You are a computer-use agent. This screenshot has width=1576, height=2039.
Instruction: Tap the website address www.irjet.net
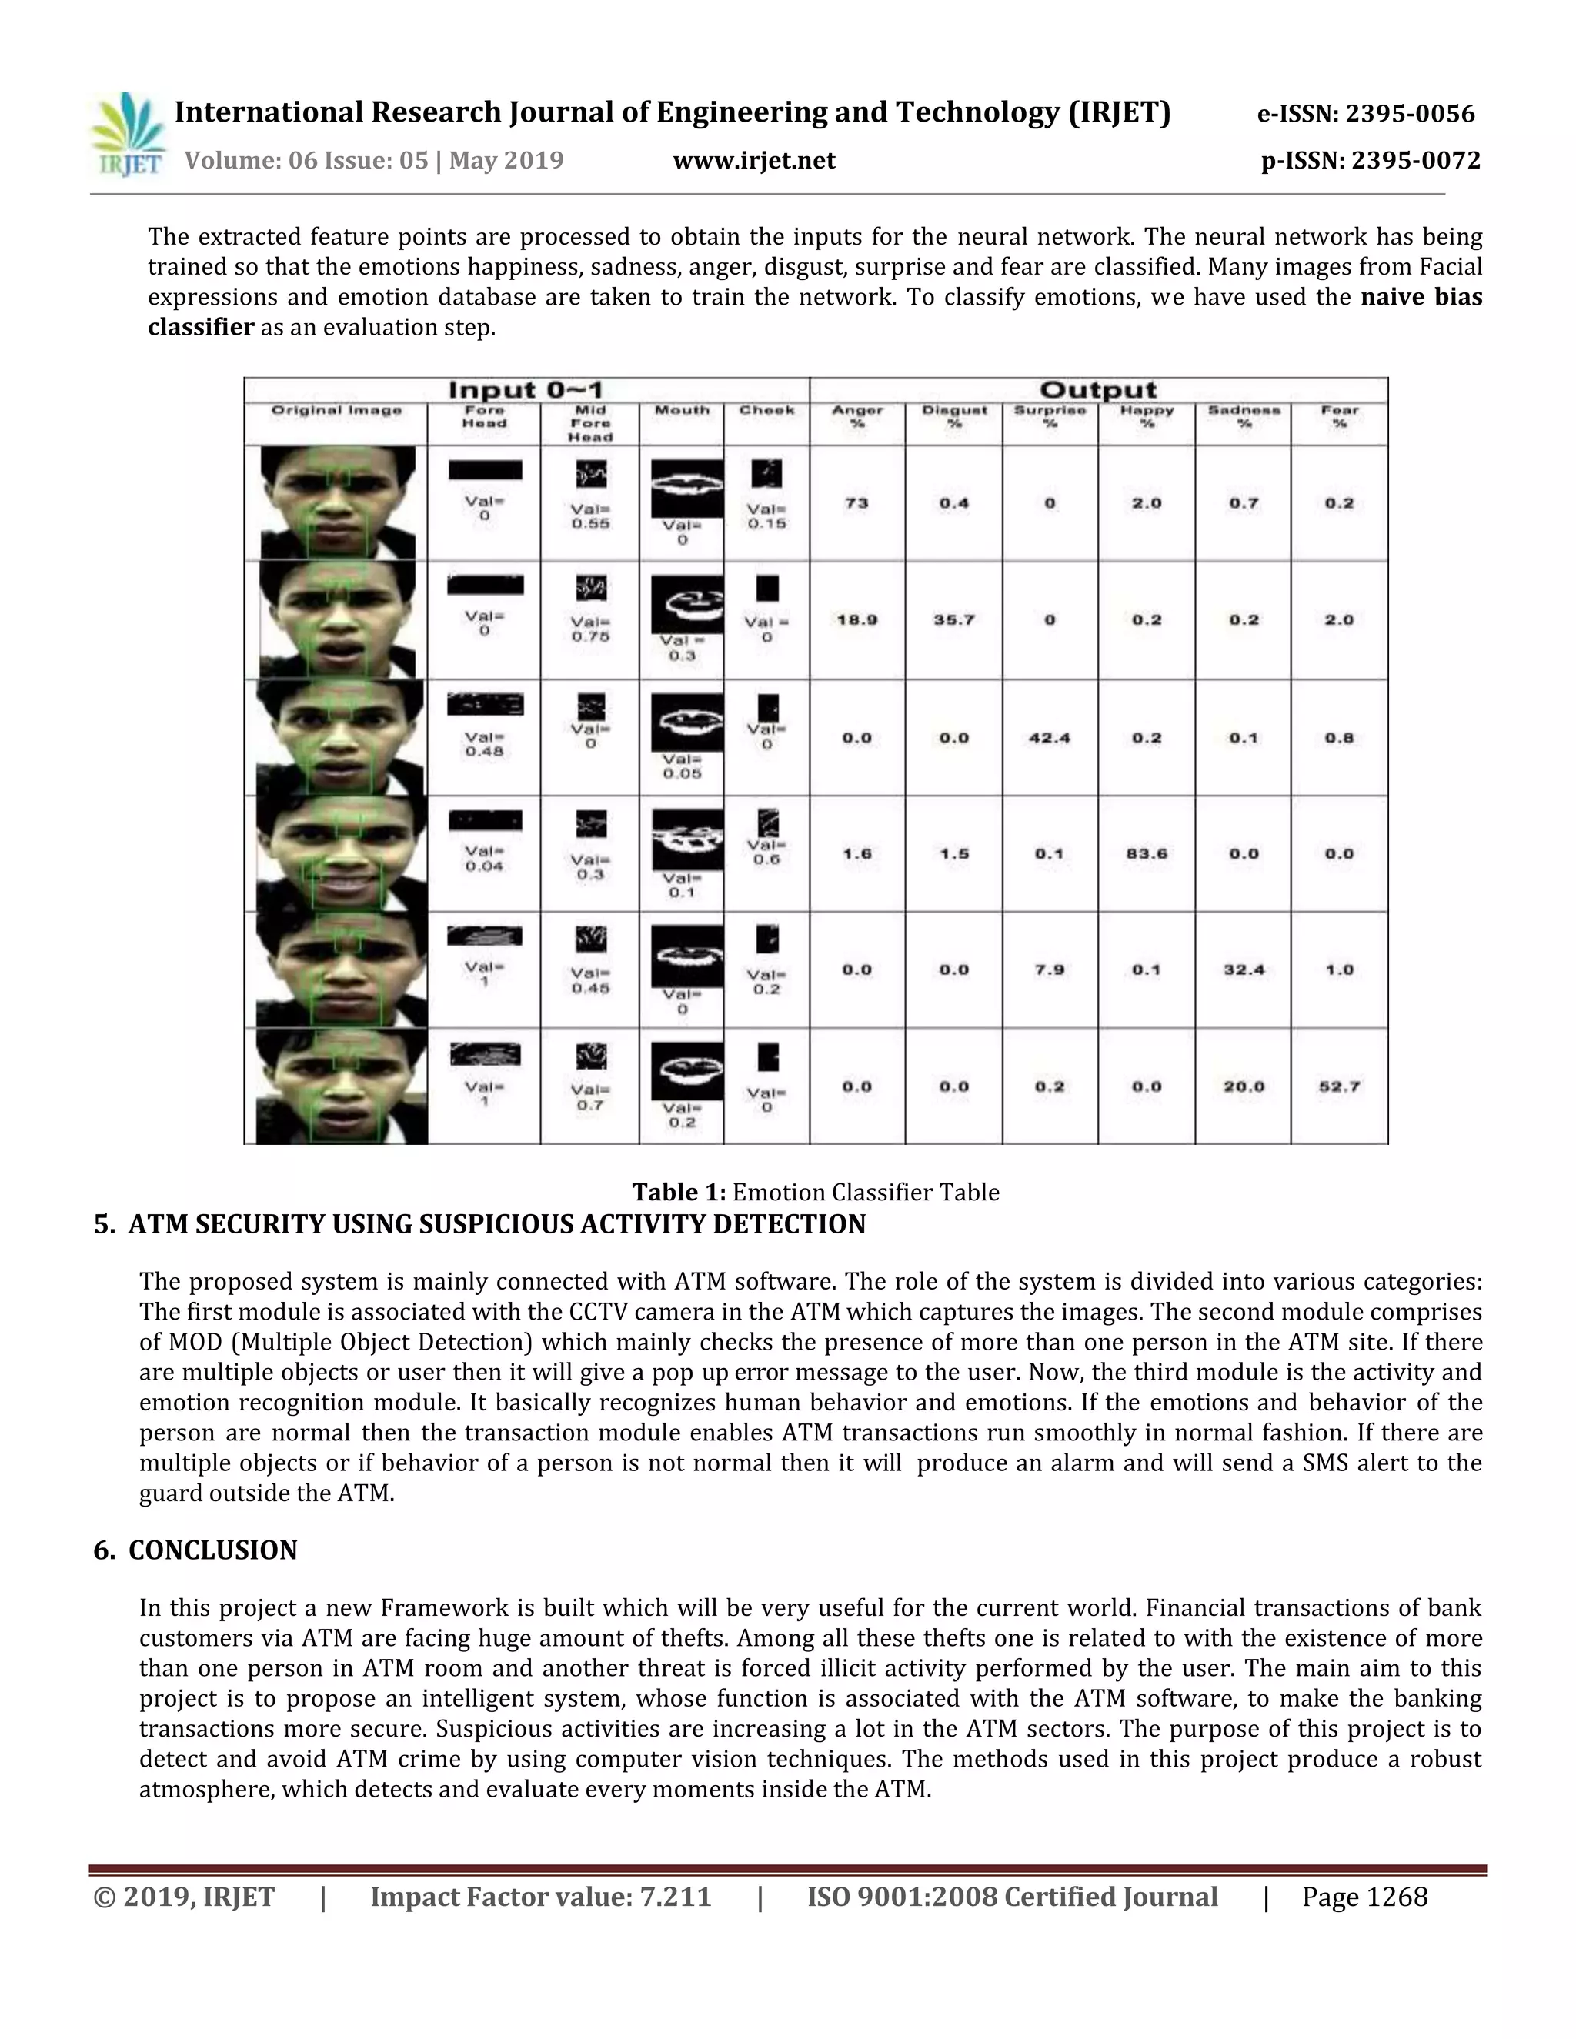753,162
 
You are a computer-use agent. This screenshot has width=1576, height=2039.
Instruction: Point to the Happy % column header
1147,416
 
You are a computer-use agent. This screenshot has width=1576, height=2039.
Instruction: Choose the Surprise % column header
1050,416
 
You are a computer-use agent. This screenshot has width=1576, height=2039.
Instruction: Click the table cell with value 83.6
1147,853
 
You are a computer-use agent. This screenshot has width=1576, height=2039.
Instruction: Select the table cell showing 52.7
1339,1086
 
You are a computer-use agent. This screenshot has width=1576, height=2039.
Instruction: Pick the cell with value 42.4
1050,738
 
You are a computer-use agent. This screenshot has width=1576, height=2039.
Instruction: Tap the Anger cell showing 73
856,503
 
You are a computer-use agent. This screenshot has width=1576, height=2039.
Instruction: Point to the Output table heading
1097,390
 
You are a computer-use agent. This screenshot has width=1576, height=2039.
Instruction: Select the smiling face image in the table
342,853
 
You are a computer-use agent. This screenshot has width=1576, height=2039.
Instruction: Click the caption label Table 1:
679,1192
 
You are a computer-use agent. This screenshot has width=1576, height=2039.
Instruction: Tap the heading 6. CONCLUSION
195,1550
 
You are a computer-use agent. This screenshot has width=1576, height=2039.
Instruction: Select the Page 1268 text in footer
1364,1896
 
